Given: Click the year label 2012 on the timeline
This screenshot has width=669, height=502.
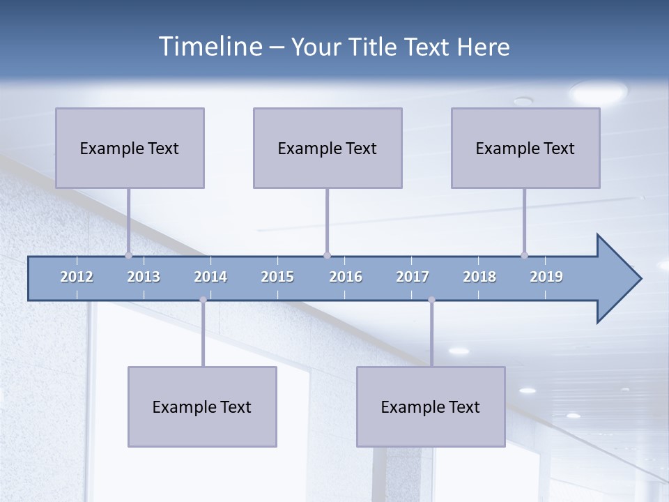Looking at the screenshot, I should click(x=77, y=277).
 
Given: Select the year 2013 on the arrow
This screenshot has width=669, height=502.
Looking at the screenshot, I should click(x=144, y=277).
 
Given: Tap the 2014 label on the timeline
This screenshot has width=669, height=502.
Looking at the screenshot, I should click(x=210, y=277).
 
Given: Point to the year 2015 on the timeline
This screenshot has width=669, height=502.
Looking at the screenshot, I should click(x=277, y=277).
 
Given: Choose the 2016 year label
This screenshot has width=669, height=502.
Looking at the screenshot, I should click(x=346, y=277).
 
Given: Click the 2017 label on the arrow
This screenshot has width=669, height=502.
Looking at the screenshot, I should click(x=413, y=277).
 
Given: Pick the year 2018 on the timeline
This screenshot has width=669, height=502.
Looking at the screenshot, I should click(x=479, y=277).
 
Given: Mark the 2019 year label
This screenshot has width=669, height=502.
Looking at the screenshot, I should click(x=546, y=277).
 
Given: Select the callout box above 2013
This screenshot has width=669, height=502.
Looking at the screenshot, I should click(x=130, y=148).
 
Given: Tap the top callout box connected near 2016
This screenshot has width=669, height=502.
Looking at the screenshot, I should click(x=328, y=148).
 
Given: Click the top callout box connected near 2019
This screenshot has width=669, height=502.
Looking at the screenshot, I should click(x=525, y=148).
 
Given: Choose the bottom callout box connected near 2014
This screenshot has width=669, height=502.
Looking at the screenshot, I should click(x=202, y=406).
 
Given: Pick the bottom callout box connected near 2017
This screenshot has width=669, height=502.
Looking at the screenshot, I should click(x=431, y=406).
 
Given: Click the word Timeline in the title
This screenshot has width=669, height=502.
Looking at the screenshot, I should click(x=210, y=47).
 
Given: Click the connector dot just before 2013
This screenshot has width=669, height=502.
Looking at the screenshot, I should click(x=128, y=255).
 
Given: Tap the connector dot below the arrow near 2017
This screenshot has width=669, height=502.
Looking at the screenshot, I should click(x=431, y=300).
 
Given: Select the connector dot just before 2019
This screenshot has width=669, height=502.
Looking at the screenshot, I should click(x=524, y=255).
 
